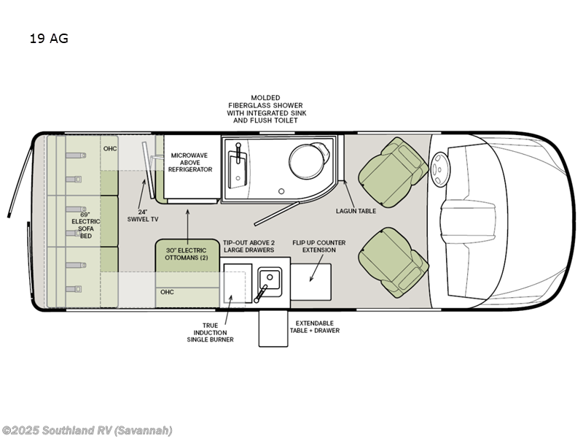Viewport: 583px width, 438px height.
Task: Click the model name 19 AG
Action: tap(49, 39)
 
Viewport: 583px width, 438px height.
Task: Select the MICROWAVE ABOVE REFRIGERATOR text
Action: tap(192, 162)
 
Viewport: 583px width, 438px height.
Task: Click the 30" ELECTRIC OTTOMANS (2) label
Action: tap(187, 254)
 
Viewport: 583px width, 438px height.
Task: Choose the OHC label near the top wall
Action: tap(110, 149)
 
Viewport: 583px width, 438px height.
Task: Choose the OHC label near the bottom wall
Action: tap(167, 292)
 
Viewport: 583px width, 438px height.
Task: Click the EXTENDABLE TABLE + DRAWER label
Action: tap(317, 326)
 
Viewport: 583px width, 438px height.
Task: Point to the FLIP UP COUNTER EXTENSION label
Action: tap(318, 246)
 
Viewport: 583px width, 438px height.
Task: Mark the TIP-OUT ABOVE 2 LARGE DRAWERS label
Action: tap(249, 246)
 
